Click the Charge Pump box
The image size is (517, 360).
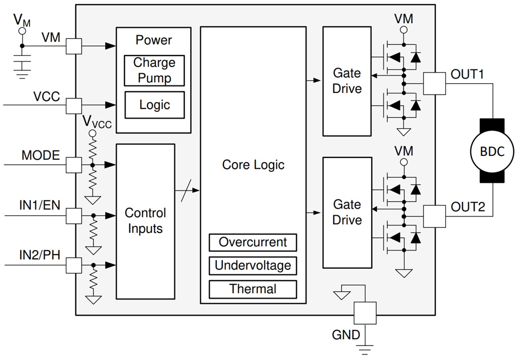(154, 70)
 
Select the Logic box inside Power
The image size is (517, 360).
(154, 104)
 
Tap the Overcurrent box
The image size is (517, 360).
(253, 243)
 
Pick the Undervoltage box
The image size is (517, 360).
(253, 266)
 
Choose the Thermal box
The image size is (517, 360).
(253, 289)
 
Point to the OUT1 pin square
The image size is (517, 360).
(434, 84)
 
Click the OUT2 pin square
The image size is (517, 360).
(434, 216)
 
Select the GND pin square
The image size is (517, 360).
(365, 313)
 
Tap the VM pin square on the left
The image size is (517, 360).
(74, 46)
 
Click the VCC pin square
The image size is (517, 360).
(74, 105)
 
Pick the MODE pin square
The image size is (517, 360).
(74, 165)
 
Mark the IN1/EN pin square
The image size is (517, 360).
(74, 216)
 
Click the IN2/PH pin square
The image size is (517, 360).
(74, 265)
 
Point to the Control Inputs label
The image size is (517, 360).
(145, 221)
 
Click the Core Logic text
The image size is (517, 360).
(253, 165)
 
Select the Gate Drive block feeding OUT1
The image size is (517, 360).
(347, 81)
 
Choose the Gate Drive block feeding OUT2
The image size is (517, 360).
(347, 212)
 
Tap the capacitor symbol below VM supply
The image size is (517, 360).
(22, 62)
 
